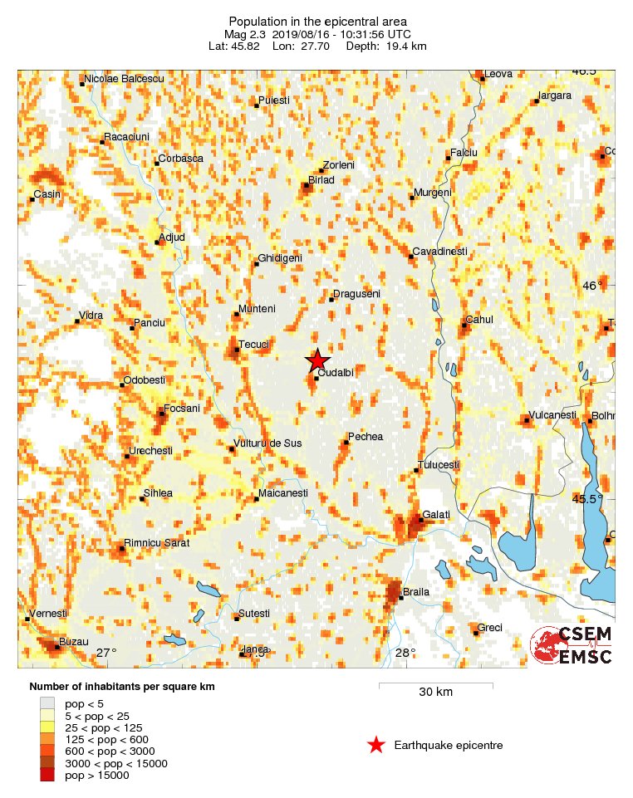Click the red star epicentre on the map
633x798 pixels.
(316, 360)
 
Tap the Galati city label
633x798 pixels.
(436, 515)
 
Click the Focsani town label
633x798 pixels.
(182, 408)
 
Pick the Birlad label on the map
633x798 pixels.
(321, 179)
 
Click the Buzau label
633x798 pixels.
(71, 643)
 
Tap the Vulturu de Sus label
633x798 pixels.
(268, 443)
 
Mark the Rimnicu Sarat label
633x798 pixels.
(157, 543)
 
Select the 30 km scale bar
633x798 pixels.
(435, 687)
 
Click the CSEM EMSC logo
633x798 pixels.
(572, 645)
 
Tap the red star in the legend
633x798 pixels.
(376, 745)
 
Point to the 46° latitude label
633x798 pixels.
(593, 286)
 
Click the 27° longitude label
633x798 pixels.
(106, 653)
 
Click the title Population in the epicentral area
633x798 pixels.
(317, 21)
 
